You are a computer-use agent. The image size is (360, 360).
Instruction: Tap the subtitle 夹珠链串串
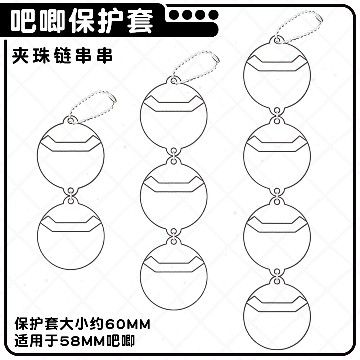[x=62, y=57]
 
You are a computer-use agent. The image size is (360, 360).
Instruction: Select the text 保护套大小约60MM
[x=82, y=324]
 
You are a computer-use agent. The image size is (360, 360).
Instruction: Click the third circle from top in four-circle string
[x=277, y=236]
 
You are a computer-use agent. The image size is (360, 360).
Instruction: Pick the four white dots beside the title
[x=194, y=15]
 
